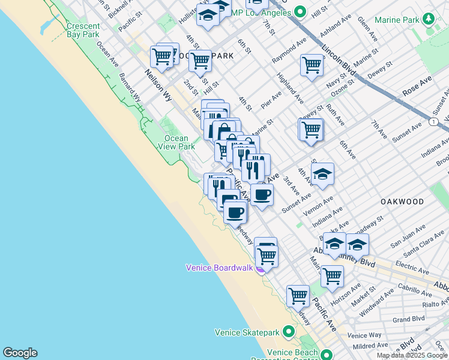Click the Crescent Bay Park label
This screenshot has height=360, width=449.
click(83, 31)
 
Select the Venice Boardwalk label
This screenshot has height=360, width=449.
click(219, 268)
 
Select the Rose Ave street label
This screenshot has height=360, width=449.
click(418, 88)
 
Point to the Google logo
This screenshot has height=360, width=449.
click(19, 353)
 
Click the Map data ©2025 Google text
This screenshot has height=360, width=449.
click(412, 355)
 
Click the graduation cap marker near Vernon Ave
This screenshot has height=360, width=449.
click(323, 173)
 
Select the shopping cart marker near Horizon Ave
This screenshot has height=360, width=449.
click(332, 276)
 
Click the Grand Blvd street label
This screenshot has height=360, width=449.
click(409, 319)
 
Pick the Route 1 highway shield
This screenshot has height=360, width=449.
click(433, 122)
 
